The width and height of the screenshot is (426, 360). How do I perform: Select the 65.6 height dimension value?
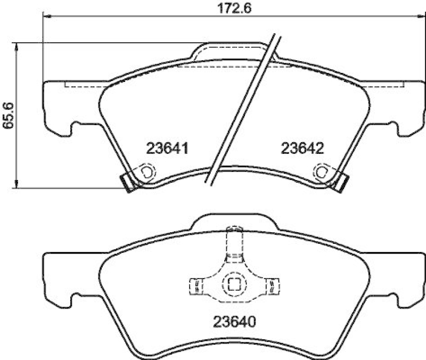point(7,114)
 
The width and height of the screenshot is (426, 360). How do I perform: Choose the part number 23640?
point(235,322)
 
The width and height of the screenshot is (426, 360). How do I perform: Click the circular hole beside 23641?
point(148,172)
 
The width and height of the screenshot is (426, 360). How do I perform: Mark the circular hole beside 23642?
point(322,171)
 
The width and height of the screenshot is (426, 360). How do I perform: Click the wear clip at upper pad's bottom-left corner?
point(128,182)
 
